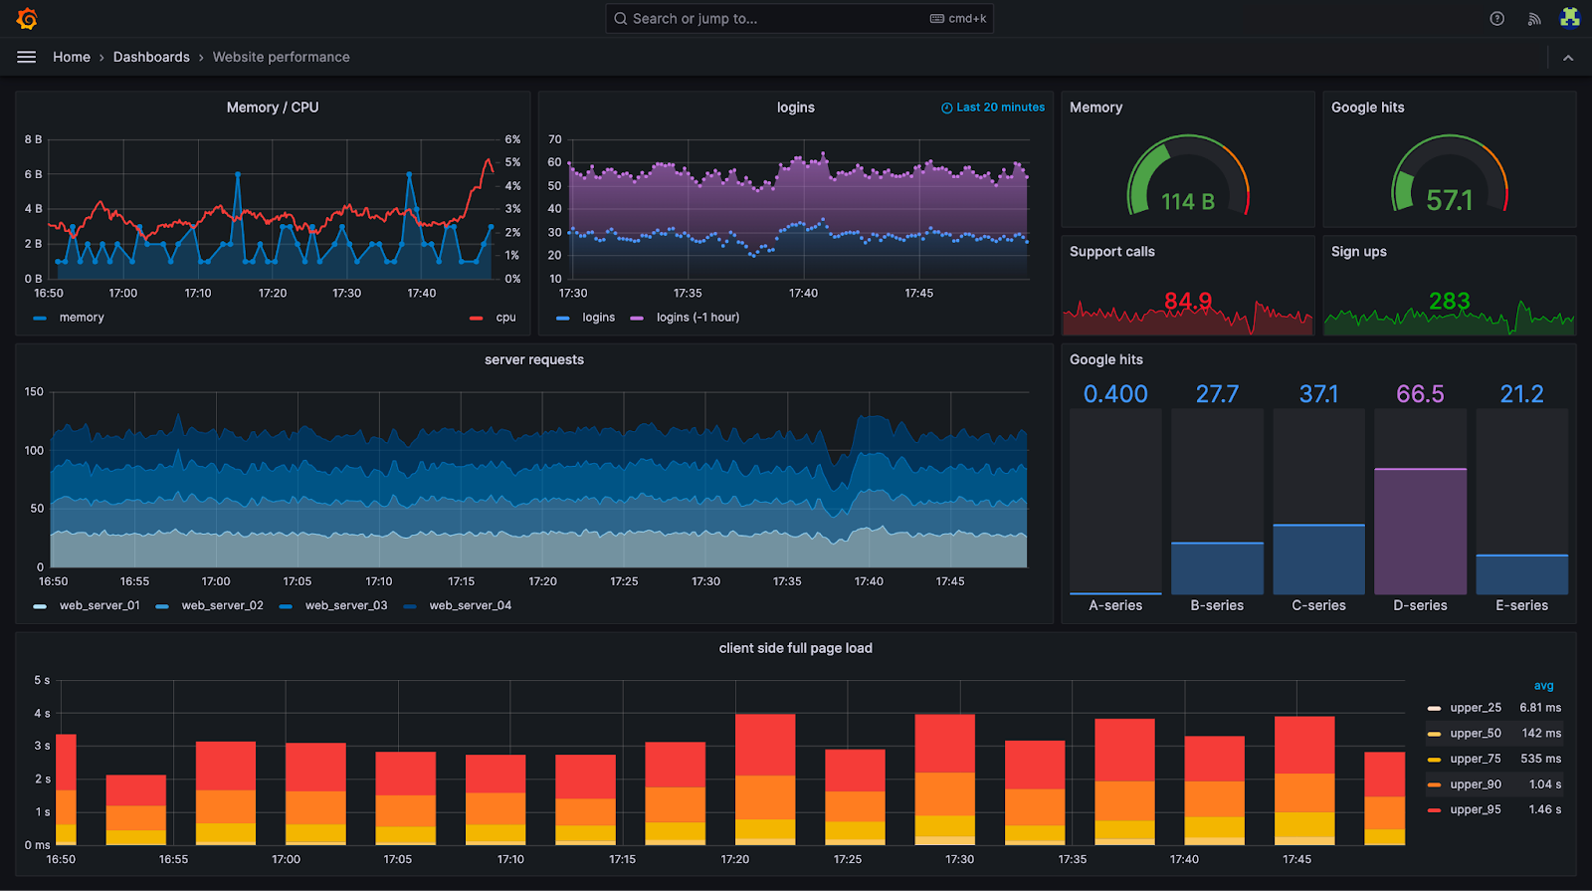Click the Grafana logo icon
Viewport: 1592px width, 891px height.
(x=27, y=19)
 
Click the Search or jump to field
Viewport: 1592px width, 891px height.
(x=776, y=19)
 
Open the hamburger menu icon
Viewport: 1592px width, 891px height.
(x=27, y=57)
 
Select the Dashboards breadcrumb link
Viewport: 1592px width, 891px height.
(x=151, y=57)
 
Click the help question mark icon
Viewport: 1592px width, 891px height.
(x=1496, y=19)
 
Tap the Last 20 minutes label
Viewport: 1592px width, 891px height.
(x=999, y=108)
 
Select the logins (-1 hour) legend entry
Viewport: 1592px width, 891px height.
(x=696, y=318)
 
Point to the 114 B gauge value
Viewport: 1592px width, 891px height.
(x=1187, y=202)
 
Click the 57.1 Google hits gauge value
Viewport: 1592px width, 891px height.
(x=1449, y=201)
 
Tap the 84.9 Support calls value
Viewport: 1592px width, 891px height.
(x=1187, y=301)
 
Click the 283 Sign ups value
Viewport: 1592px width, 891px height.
(x=1449, y=301)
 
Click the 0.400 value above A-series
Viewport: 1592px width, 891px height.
(x=1115, y=394)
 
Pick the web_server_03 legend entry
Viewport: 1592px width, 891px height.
(x=345, y=605)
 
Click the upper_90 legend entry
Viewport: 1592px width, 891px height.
(x=1475, y=784)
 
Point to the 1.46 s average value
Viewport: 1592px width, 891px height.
(x=1544, y=809)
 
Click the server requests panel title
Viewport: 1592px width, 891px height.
(x=534, y=360)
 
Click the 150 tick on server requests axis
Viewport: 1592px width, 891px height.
(x=34, y=392)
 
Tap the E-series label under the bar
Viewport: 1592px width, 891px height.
(x=1521, y=605)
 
